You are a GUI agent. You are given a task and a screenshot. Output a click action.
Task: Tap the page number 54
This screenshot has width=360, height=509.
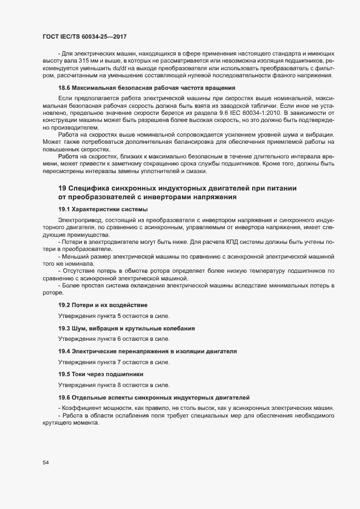(46, 462)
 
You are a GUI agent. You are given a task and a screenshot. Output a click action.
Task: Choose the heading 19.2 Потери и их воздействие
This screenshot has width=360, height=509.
(102, 304)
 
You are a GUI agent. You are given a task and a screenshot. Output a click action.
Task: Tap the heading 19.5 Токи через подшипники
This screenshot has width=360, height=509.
(100, 374)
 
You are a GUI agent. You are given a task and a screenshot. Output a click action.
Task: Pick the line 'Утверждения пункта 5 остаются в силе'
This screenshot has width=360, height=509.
(114, 316)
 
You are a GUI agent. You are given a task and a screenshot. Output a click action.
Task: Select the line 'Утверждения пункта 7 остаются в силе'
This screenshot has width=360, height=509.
(114, 362)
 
